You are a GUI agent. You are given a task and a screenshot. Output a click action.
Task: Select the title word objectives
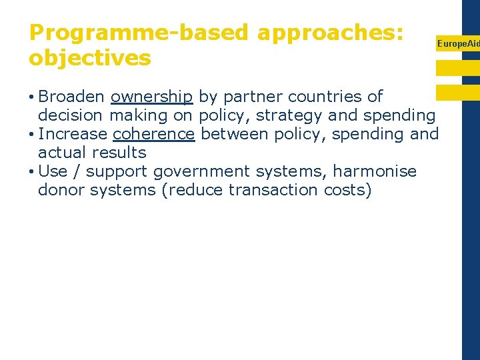(90, 58)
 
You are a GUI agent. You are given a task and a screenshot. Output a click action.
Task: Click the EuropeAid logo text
(458, 43)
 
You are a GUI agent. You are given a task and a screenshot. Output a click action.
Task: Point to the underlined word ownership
(152, 97)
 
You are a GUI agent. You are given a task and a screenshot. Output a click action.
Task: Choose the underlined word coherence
(153, 134)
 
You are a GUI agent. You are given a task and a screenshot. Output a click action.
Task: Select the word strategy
(289, 115)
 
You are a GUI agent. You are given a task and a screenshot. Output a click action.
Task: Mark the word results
(120, 153)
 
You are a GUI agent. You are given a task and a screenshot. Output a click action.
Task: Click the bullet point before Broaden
(32, 97)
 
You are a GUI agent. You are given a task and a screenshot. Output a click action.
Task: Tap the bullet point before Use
(32, 172)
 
